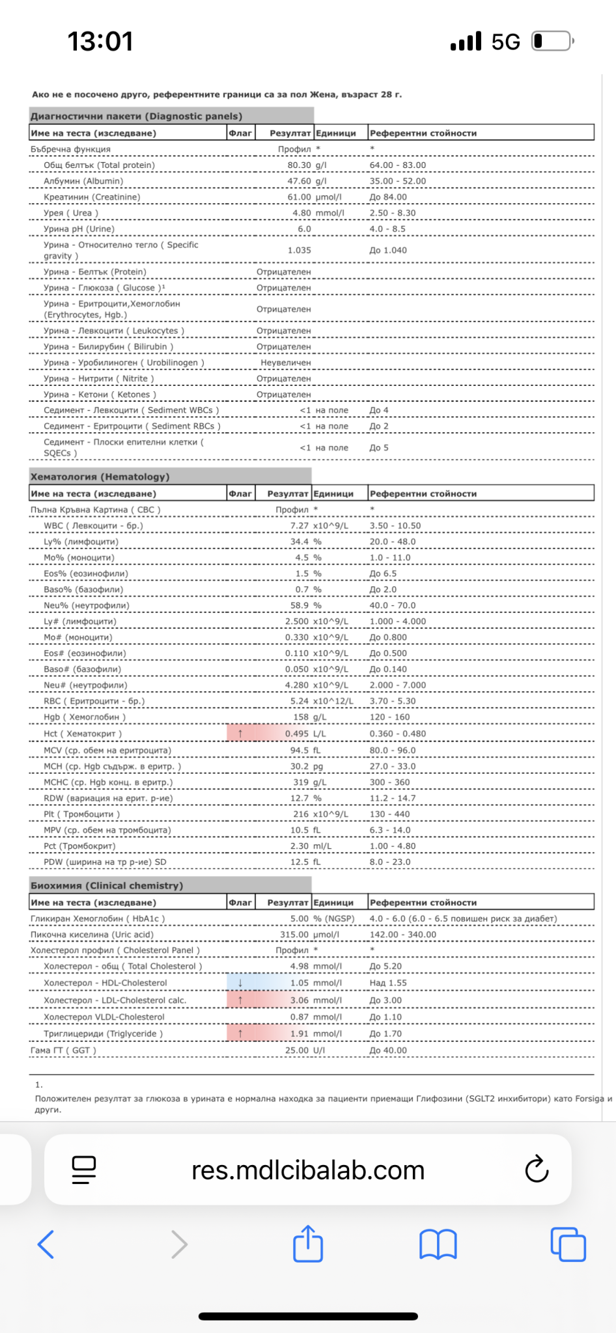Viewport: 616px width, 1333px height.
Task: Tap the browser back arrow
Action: point(46,1244)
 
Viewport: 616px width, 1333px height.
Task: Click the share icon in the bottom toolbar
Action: point(308,1244)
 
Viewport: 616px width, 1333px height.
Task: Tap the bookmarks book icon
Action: point(438,1244)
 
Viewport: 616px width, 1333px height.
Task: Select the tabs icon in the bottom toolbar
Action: point(568,1244)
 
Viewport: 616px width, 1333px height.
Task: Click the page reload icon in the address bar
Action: point(537,1170)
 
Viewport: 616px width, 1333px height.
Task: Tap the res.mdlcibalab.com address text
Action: point(307,1170)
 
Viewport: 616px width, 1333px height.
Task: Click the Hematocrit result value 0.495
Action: point(297,734)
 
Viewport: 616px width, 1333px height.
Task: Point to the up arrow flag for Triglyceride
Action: point(240,1034)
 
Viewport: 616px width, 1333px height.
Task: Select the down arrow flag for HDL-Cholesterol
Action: point(240,983)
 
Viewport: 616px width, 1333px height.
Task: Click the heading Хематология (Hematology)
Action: point(100,476)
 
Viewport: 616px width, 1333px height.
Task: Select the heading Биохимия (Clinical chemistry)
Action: point(107,885)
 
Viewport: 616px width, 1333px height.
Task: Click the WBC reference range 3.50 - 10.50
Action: point(395,526)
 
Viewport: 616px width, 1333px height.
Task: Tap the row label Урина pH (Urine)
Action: point(79,229)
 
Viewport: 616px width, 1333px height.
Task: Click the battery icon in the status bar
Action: point(552,42)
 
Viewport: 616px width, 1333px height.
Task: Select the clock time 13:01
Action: point(100,42)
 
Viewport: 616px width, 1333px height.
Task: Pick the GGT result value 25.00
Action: point(297,1050)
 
